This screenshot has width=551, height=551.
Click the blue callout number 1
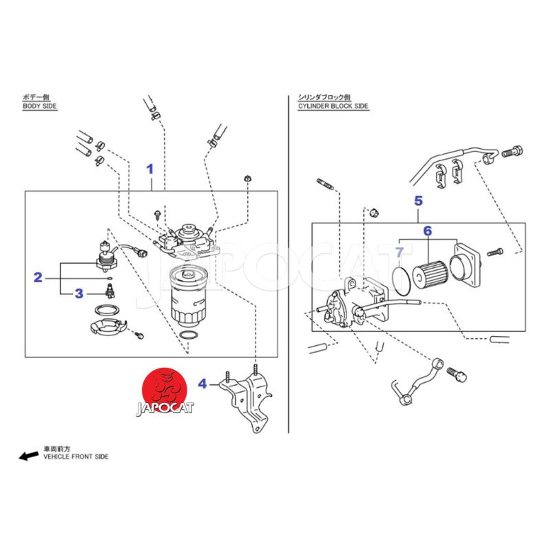[x=149, y=169]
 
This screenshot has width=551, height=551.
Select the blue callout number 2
[x=39, y=278]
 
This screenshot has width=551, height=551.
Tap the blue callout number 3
[x=79, y=294]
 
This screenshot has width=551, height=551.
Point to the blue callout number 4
[x=202, y=383]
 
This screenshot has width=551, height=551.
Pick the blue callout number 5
[x=418, y=201]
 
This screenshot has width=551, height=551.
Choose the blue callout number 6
[x=427, y=231]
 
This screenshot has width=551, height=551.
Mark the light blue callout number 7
[x=399, y=253]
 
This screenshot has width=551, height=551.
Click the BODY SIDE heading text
[x=40, y=107]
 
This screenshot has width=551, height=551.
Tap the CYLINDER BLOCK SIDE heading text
[x=333, y=107]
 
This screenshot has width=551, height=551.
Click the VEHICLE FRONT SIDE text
[x=76, y=457]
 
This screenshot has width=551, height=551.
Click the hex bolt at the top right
[x=518, y=149]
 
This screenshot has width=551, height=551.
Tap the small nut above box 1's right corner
[x=246, y=180]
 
